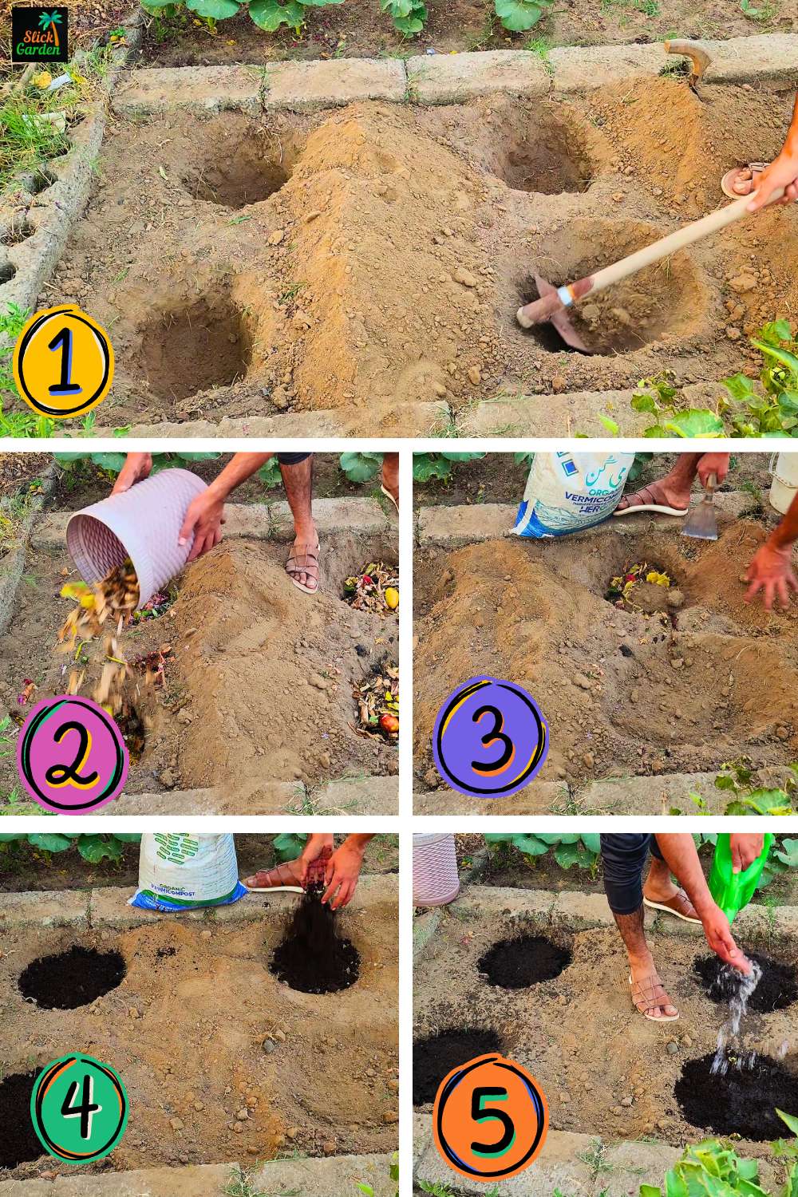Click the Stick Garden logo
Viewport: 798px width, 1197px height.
(x=40, y=34)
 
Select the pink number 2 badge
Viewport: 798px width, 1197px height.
(x=73, y=754)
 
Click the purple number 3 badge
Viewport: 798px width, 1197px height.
(x=490, y=737)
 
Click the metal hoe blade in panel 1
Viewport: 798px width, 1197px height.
(x=551, y=315)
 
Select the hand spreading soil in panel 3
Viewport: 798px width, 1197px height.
(x=770, y=575)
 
